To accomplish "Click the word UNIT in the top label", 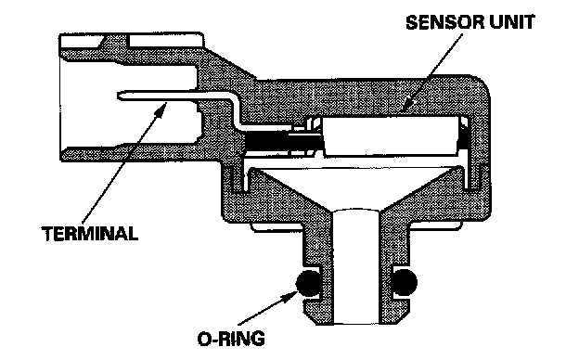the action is [512, 22].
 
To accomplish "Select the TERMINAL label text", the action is [90, 234].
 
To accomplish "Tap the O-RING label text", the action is [231, 339].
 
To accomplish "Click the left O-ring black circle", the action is [308, 283].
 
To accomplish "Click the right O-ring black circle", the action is [405, 282].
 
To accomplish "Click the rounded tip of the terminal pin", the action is [119, 96].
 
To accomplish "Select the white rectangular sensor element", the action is [392, 135].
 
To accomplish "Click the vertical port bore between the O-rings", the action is [355, 266].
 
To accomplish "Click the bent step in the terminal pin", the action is [237, 110].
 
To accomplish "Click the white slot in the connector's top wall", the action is [165, 41].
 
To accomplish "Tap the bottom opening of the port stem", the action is [355, 322].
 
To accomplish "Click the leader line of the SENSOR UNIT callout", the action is [434, 70].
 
